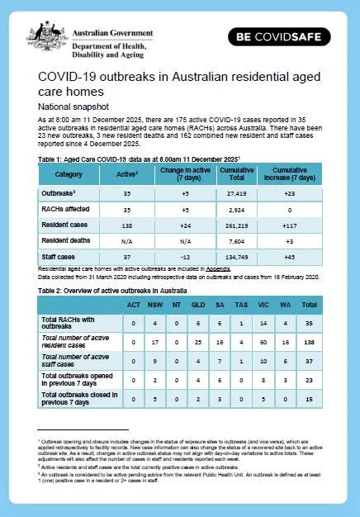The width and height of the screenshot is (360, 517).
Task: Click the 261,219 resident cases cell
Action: click(237, 225)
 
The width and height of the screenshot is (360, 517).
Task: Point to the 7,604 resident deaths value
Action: click(237, 242)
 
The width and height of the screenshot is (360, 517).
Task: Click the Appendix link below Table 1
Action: click(217, 268)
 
